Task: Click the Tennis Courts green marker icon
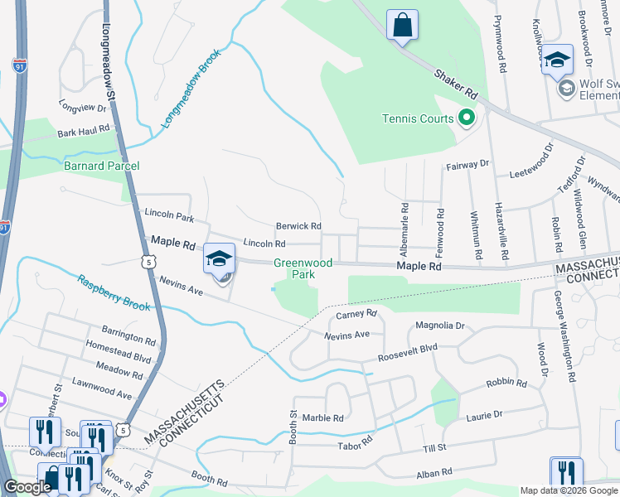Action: [466, 118]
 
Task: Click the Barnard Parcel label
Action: [102, 166]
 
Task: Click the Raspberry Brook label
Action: [114, 292]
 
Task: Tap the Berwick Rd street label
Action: [298, 226]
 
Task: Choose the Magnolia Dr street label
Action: [441, 326]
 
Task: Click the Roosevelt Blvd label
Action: [407, 350]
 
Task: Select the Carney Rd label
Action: [356, 314]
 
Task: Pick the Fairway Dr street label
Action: [468, 165]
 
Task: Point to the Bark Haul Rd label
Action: [84, 131]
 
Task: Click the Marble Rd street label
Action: [322, 418]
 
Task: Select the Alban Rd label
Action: [434, 472]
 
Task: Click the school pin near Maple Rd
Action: [220, 259]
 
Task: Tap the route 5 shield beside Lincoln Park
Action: [148, 262]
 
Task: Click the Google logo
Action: [27, 487]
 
